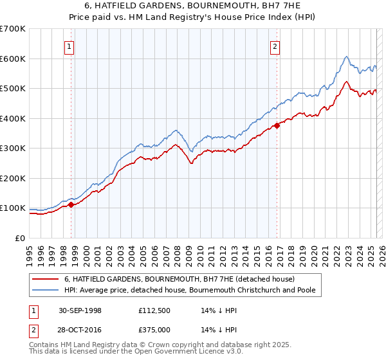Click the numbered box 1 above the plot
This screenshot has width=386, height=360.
tap(69, 46)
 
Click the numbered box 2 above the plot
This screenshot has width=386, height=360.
tap(275, 46)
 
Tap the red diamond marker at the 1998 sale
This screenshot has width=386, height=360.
tap(71, 204)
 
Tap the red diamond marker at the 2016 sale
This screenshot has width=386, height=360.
tap(277, 126)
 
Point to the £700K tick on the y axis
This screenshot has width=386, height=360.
tap(13, 29)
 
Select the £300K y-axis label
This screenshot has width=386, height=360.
tap(13, 148)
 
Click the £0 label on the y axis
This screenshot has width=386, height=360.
tap(21, 238)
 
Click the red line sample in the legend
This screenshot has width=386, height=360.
tap(45, 279)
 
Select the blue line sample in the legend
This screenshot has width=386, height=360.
tap(45, 291)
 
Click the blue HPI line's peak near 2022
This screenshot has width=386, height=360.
tap(346, 57)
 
